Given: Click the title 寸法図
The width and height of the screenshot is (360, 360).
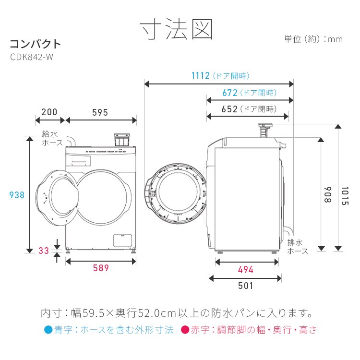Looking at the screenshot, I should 176,30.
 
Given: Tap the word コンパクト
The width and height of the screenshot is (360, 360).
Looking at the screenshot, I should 36,44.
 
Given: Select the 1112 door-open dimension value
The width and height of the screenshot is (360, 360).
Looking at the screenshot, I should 201,75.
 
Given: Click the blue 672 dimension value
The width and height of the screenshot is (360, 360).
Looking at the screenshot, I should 230,93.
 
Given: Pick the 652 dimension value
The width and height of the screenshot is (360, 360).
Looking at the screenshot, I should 230,109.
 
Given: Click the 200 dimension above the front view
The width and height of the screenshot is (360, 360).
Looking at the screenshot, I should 49,112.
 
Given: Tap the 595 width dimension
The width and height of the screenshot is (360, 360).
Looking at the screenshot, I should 100,112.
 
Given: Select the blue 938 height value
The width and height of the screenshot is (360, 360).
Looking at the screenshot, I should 17,195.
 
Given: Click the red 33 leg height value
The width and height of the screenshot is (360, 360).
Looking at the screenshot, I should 44,251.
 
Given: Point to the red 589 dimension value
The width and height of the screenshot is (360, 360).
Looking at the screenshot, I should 101,268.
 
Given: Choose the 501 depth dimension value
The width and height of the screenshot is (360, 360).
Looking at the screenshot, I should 245,286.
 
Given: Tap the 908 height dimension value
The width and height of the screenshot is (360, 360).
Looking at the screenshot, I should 328,194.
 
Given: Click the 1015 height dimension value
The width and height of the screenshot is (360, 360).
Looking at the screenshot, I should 345,195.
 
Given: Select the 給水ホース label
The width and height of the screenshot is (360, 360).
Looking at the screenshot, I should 52,139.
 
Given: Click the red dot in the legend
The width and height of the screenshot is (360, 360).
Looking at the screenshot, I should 184,330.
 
